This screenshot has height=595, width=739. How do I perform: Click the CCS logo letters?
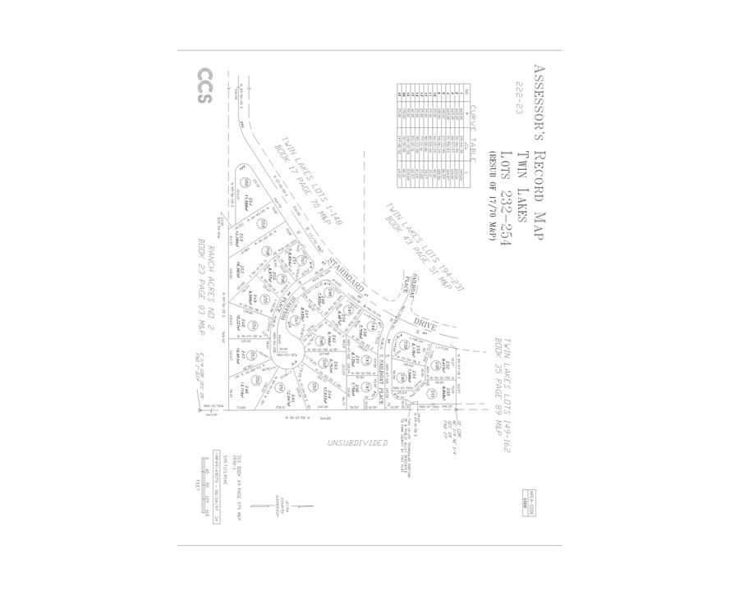point(204,85)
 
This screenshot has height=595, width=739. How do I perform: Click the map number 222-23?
point(518,98)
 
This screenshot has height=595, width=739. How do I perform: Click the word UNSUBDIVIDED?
point(357,443)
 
